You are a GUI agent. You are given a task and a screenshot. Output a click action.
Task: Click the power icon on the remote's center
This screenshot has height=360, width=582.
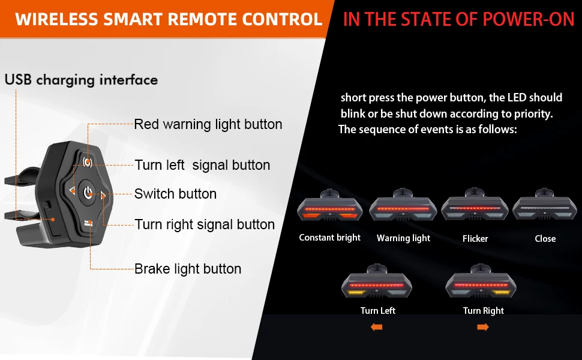click(x=88, y=193)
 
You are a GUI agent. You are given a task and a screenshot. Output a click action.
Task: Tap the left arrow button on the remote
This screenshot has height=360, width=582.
click(x=72, y=191)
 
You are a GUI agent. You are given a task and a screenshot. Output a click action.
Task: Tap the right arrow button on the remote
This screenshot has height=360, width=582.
click(x=103, y=195)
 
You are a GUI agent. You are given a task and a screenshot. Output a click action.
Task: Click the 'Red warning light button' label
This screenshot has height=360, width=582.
click(x=208, y=124)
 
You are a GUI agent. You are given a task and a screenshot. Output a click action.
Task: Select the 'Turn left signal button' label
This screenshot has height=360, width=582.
click(x=202, y=165)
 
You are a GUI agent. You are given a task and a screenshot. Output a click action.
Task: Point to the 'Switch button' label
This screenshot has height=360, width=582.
click(x=175, y=194)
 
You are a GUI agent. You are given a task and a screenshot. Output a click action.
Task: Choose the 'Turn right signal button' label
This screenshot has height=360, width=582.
click(x=205, y=224)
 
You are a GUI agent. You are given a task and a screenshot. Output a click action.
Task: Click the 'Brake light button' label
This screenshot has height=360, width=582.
click(x=188, y=269)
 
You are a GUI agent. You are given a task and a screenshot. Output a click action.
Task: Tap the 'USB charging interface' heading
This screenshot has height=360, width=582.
click(x=81, y=80)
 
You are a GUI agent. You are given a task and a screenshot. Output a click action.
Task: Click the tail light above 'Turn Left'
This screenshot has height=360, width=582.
click(x=377, y=284)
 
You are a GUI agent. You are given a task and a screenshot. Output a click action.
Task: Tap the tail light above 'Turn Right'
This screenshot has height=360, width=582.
click(x=482, y=284)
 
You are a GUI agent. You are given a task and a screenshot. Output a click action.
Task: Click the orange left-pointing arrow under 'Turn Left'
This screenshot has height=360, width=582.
click(x=376, y=327)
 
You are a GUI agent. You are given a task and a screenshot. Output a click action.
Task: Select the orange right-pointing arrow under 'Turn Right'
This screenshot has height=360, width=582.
click(x=483, y=327)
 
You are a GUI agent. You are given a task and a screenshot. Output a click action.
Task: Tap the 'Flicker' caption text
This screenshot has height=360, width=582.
click(x=475, y=239)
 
